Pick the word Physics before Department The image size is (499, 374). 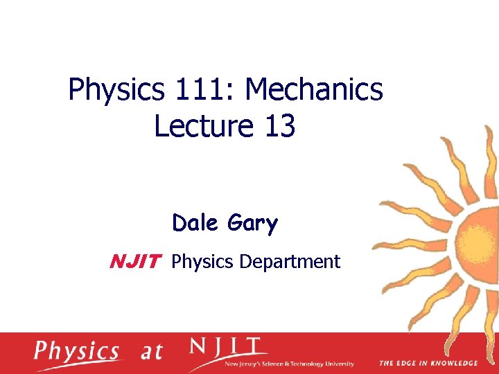pos(202,262)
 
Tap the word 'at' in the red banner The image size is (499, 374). pos(151,352)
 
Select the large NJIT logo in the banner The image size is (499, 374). pos(225,347)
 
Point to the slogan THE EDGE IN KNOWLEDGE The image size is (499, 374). pos(428,363)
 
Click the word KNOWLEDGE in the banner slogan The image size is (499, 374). pos(455,363)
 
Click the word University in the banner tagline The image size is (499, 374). pos(340,364)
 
